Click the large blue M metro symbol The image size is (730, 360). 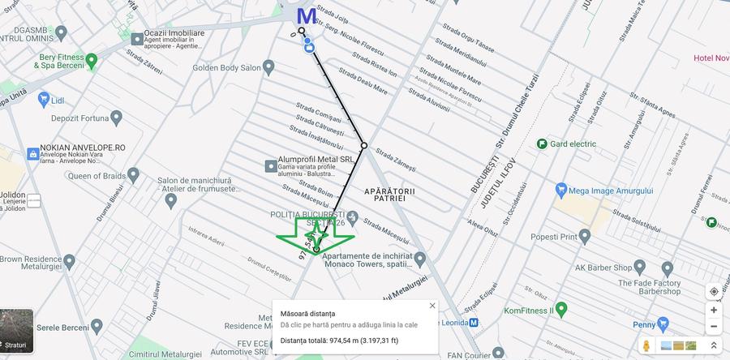(x=307, y=15)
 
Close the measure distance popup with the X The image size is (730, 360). (x=432, y=306)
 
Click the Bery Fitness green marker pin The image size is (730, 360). (x=92, y=59)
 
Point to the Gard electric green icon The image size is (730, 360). (x=542, y=144)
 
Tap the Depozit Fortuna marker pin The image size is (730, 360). (x=116, y=118)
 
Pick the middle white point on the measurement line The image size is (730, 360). (x=364, y=146)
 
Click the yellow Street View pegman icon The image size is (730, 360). (x=646, y=346)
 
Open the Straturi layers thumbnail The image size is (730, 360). (x=17, y=330)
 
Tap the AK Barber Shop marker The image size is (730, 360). (x=668, y=268)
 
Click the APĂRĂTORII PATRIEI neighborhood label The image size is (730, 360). (x=389, y=194)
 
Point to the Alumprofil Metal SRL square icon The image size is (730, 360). (x=271, y=165)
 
